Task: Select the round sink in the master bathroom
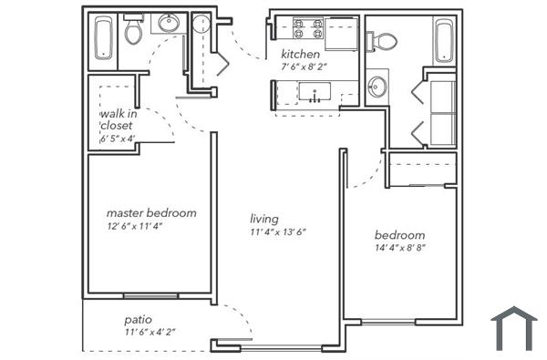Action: pos(168,23)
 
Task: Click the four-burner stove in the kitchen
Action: pos(307,28)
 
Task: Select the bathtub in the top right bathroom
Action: pos(443,39)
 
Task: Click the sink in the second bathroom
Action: pos(378,87)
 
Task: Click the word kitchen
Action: pos(300,54)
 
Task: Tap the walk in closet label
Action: pos(118,119)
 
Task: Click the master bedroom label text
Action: pos(151,213)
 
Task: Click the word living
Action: pos(264,219)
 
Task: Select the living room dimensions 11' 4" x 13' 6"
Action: pos(278,231)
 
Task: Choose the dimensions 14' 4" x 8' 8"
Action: pos(401,247)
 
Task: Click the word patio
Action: pos(139,320)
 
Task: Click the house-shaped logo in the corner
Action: pos(513,328)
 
